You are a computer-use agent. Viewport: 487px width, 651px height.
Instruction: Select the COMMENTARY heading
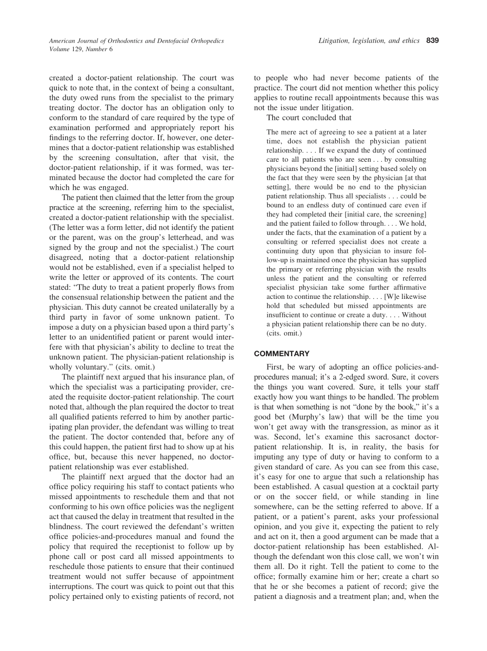pos(281,354)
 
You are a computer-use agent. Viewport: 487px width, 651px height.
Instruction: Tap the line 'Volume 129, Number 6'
pos(81,49)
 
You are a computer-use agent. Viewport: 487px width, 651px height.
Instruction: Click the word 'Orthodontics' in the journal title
pos(123,40)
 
